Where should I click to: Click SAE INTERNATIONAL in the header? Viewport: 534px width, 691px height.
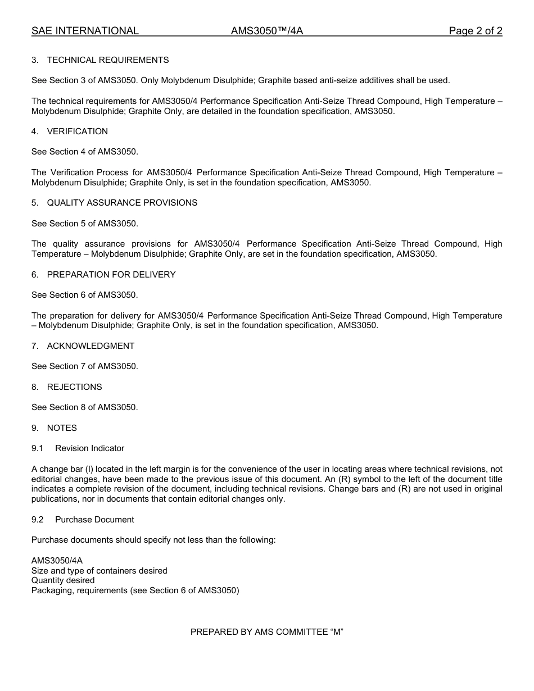click(85, 31)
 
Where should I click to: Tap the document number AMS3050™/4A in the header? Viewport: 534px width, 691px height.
click(266, 31)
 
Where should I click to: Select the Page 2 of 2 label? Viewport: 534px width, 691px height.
click(475, 31)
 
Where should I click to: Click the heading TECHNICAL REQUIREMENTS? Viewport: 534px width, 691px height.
click(107, 60)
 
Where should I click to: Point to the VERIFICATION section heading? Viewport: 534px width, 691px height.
click(77, 131)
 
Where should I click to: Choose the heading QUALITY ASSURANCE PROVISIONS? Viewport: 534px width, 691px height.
click(122, 203)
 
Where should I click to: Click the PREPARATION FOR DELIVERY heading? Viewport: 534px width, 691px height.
click(111, 275)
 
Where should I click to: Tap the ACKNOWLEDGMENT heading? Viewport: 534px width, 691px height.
click(90, 346)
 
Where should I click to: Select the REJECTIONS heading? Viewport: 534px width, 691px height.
click(74, 387)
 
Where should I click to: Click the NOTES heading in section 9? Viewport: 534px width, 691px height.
click(62, 428)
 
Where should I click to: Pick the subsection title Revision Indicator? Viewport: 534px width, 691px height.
click(89, 448)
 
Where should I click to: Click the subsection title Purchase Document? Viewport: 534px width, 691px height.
click(94, 520)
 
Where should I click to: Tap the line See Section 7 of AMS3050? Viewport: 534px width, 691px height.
click(84, 366)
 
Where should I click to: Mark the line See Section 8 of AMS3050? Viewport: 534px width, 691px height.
click(84, 407)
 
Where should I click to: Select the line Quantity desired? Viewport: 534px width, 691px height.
click(63, 580)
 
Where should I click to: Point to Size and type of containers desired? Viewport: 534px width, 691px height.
click(99, 571)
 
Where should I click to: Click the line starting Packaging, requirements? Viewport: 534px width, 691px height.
click(135, 590)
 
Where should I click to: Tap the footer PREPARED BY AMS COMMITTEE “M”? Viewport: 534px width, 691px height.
click(266, 632)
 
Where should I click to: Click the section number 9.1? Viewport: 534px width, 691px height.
click(37, 448)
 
